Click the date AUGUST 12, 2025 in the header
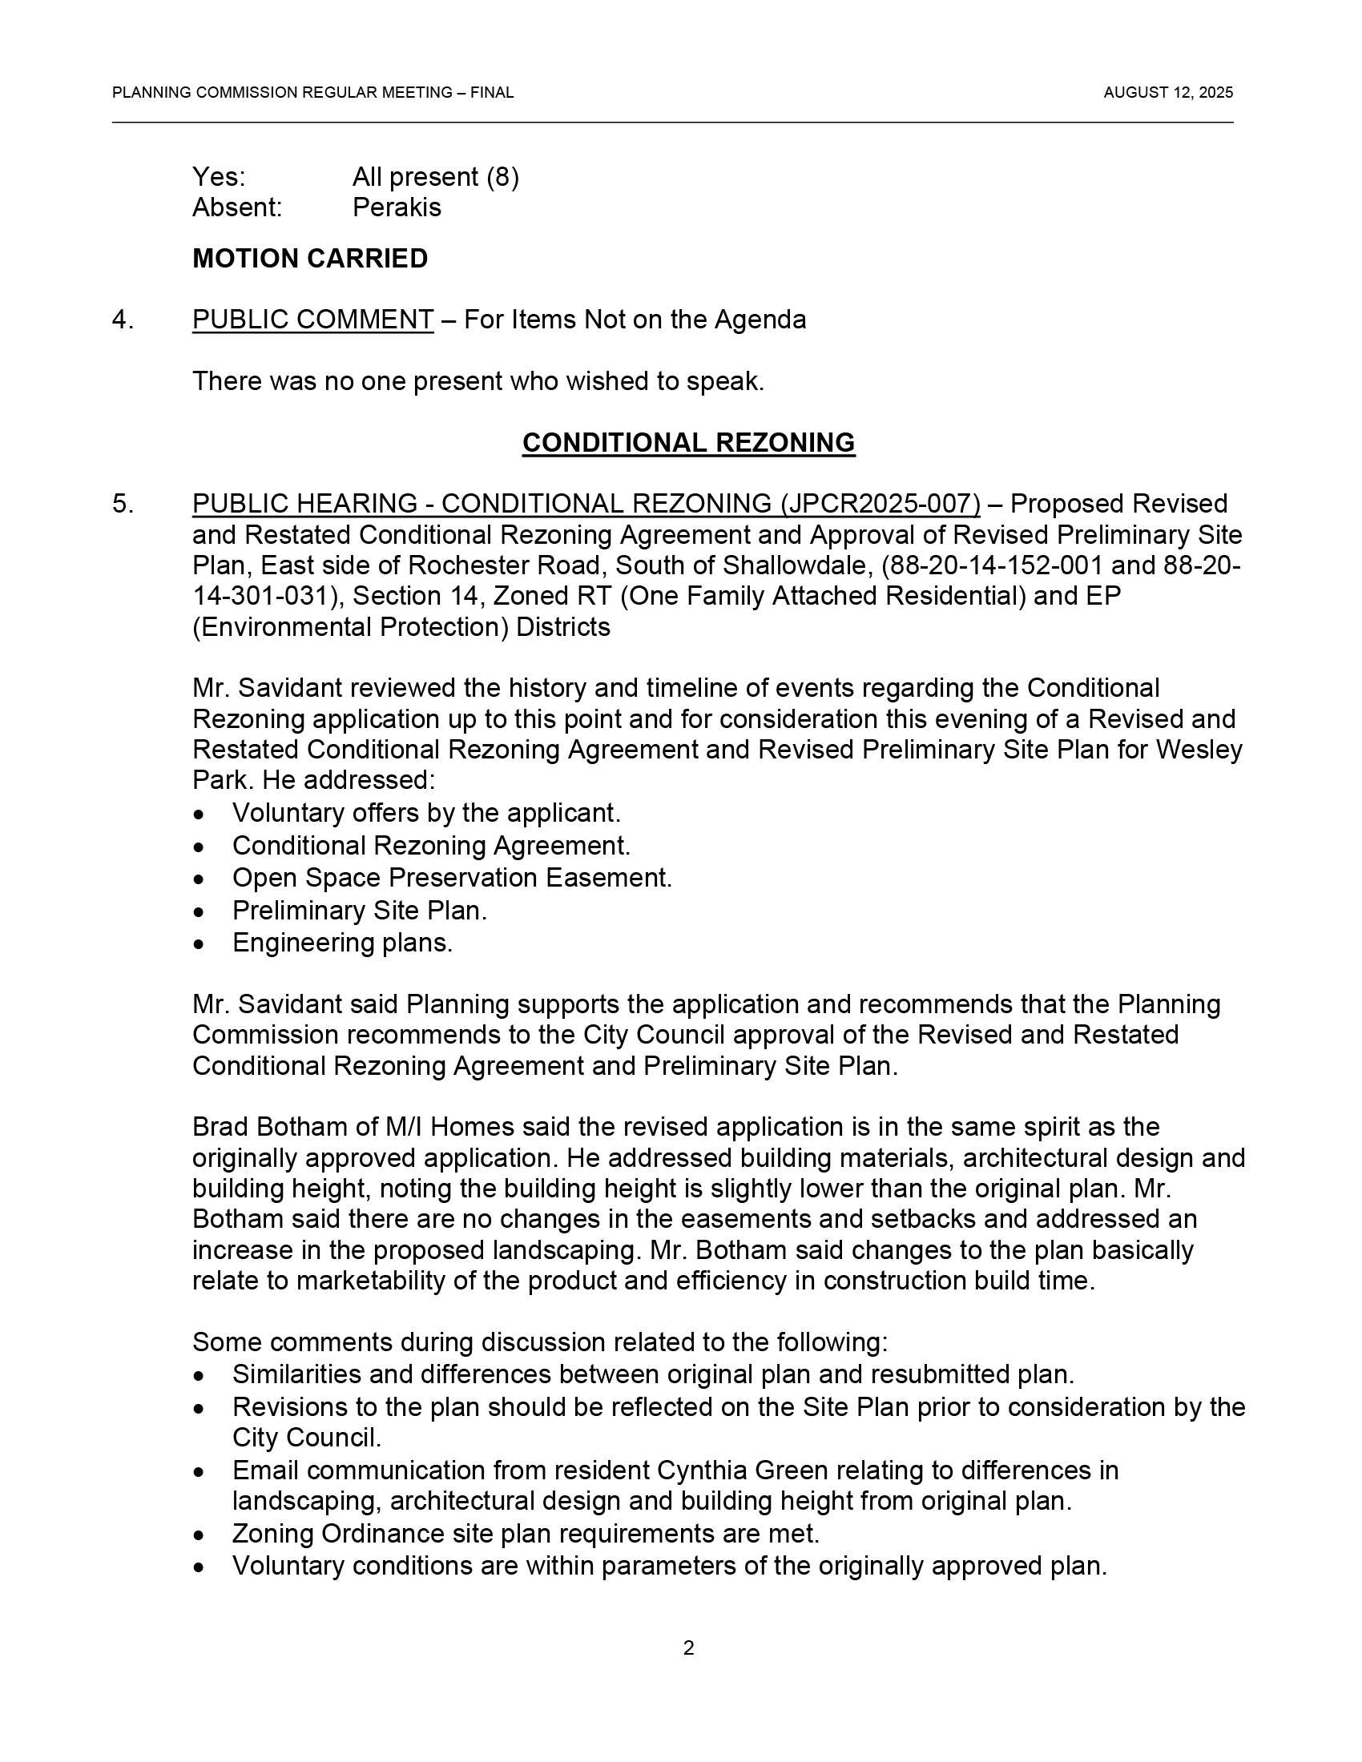click(1167, 93)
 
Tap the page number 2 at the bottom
click(688, 1648)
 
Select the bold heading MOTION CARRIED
click(310, 259)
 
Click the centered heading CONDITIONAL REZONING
click(688, 443)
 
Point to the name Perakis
click(397, 208)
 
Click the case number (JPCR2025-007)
click(880, 505)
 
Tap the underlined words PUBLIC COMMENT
click(312, 320)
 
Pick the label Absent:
click(237, 208)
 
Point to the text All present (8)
click(436, 178)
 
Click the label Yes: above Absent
click(219, 178)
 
